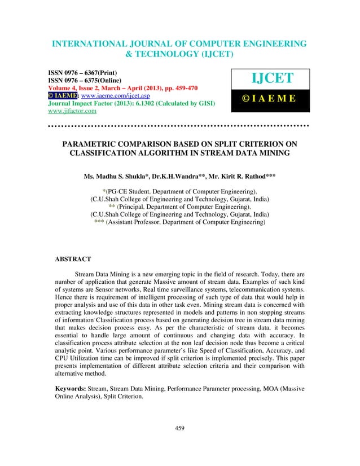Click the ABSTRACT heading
coord(73,260)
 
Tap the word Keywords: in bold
coord(74,389)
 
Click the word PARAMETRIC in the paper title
coord(93,145)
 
